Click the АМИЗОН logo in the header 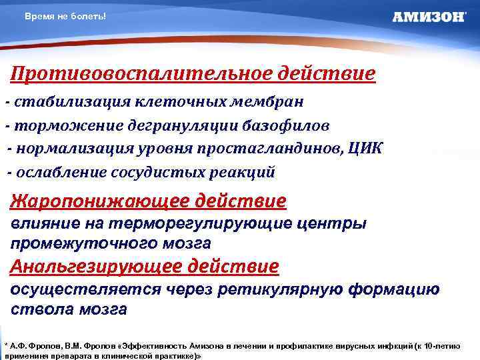point(429,17)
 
